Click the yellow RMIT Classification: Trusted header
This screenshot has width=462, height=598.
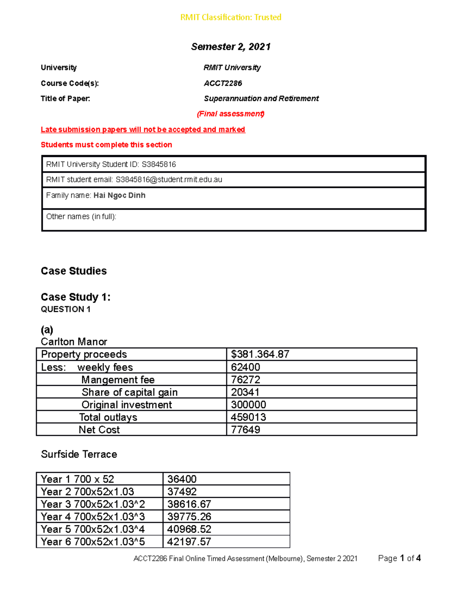[x=231, y=17]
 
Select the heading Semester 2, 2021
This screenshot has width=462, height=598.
[x=231, y=47]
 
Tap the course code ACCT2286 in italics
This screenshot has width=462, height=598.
[x=223, y=83]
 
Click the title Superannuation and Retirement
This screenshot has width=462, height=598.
[x=261, y=99]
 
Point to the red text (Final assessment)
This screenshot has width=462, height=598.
[x=230, y=114]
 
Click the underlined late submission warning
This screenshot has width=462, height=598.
[x=143, y=129]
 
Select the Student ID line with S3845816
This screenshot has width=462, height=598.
[x=111, y=164]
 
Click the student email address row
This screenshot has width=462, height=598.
[x=134, y=180]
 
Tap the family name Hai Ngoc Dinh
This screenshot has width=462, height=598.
[x=119, y=196]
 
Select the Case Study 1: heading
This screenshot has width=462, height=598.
[x=75, y=297]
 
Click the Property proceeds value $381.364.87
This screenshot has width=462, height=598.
[x=260, y=354]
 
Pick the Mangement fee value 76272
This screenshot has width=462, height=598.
[x=245, y=380]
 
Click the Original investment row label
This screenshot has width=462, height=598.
[x=127, y=405]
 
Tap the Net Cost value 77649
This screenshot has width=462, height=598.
[x=245, y=430]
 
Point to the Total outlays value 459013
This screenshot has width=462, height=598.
[x=248, y=417]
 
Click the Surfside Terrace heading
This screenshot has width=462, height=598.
[x=79, y=454]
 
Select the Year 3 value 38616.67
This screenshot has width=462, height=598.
[x=189, y=504]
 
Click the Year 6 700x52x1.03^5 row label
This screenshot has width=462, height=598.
[x=93, y=542]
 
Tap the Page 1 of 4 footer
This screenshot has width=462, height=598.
[x=399, y=558]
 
